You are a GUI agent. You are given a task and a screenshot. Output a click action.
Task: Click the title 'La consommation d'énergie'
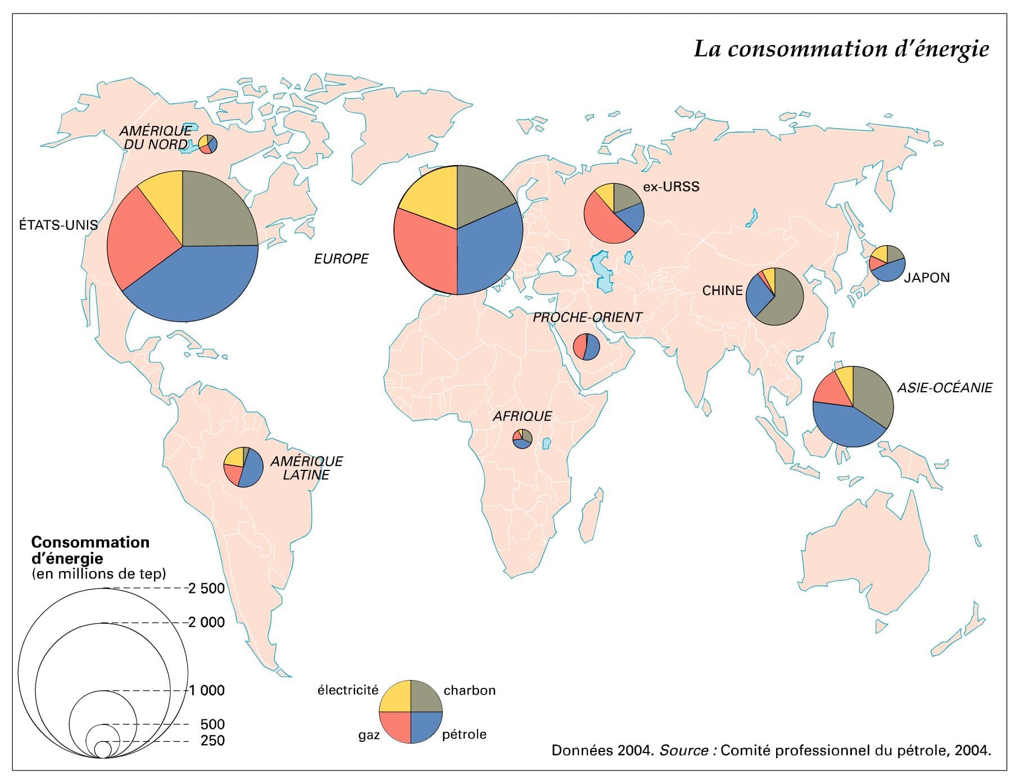pos(841,49)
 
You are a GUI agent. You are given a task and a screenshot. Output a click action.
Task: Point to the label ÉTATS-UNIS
pos(58,225)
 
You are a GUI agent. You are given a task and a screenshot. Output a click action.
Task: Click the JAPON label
pos(927,278)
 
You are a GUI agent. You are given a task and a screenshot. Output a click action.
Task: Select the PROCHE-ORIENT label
pos(587,318)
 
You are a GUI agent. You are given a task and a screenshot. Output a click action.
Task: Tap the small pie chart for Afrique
pos(522,438)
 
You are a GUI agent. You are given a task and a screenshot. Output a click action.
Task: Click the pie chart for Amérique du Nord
pos(208,144)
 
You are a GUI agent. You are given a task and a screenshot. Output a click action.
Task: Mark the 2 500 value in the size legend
pos(206,588)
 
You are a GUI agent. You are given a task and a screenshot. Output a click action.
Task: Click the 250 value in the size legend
pos(212,741)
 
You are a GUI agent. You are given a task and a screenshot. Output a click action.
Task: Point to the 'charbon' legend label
pos(469,690)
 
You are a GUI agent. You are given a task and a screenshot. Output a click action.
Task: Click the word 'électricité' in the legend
pos(348,690)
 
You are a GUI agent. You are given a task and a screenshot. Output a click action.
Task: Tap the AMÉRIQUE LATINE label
pos(306,468)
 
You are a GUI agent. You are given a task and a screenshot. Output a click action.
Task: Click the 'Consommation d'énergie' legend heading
pos(90,550)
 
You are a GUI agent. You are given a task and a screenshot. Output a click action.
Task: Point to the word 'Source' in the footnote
pos(683,750)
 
